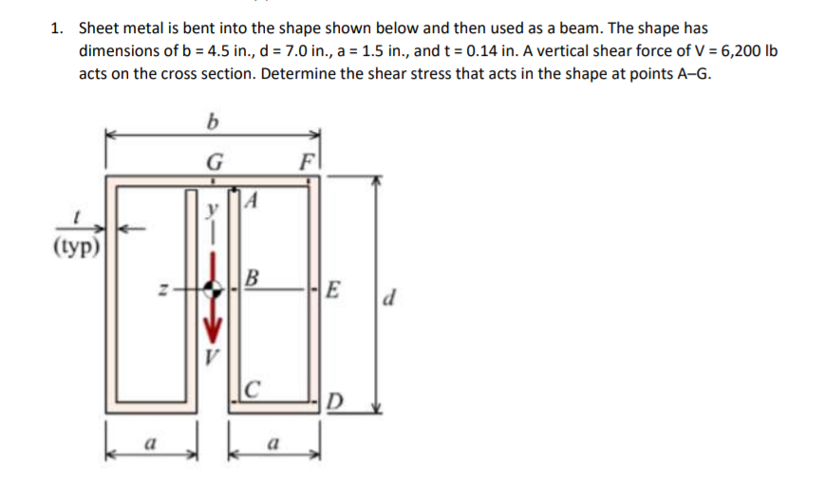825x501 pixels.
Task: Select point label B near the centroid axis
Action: [252, 279]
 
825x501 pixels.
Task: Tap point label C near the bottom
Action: [249, 388]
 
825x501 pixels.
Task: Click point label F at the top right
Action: [307, 159]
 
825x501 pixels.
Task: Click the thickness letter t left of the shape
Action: [78, 217]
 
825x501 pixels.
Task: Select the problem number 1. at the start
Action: [58, 28]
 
